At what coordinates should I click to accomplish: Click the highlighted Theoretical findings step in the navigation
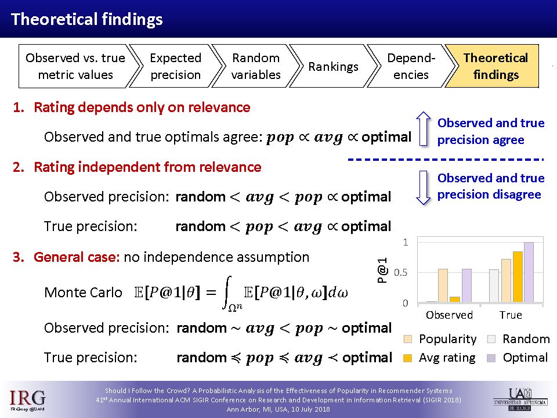(494, 66)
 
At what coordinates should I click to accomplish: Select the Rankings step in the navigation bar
(333, 66)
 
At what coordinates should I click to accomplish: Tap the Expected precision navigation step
(175, 66)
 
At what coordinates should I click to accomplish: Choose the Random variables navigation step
(256, 66)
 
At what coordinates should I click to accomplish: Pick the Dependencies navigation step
(411, 66)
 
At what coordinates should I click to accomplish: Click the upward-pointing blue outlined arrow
(423, 129)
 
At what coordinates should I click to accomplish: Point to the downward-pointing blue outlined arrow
(423, 188)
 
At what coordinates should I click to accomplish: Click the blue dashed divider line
(446, 160)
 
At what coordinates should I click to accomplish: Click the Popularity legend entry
(440, 339)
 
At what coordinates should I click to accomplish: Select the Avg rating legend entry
(440, 358)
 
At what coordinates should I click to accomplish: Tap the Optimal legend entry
(518, 358)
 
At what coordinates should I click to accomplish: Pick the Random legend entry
(519, 339)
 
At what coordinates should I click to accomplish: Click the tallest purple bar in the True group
(529, 272)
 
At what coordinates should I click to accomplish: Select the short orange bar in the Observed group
(455, 300)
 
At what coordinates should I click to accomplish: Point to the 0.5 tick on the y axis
(401, 273)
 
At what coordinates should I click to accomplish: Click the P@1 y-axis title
(382, 271)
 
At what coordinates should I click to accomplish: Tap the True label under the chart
(511, 315)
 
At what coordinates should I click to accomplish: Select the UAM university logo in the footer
(520, 399)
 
